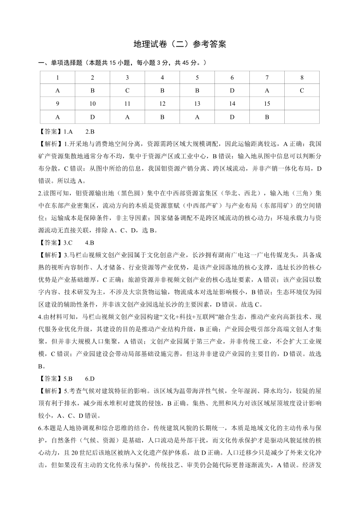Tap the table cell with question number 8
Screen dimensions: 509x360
click(302, 78)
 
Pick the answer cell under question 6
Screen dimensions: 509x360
click(232, 90)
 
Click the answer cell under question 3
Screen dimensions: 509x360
click(127, 90)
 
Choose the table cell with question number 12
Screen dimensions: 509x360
click(162, 103)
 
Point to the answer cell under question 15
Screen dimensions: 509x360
click(267, 117)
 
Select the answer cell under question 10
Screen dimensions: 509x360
click(92, 117)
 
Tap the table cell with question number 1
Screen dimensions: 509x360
click(58, 78)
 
